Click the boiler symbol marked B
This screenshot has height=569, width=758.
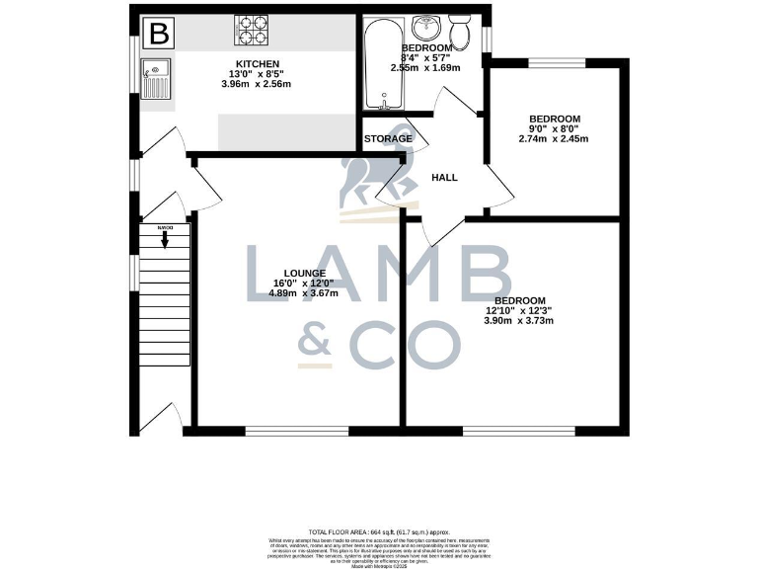(158, 35)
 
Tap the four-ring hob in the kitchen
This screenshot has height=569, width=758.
(253, 31)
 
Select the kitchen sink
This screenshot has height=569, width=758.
(155, 78)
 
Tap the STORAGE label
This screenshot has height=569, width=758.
(388, 139)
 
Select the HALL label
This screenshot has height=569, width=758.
(445, 178)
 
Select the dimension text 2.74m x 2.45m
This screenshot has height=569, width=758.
(553, 139)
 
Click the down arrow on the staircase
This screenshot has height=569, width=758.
(164, 239)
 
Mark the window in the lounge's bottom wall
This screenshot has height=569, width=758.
(297, 431)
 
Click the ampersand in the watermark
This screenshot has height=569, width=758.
(326, 341)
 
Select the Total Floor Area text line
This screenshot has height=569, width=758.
(379, 531)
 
